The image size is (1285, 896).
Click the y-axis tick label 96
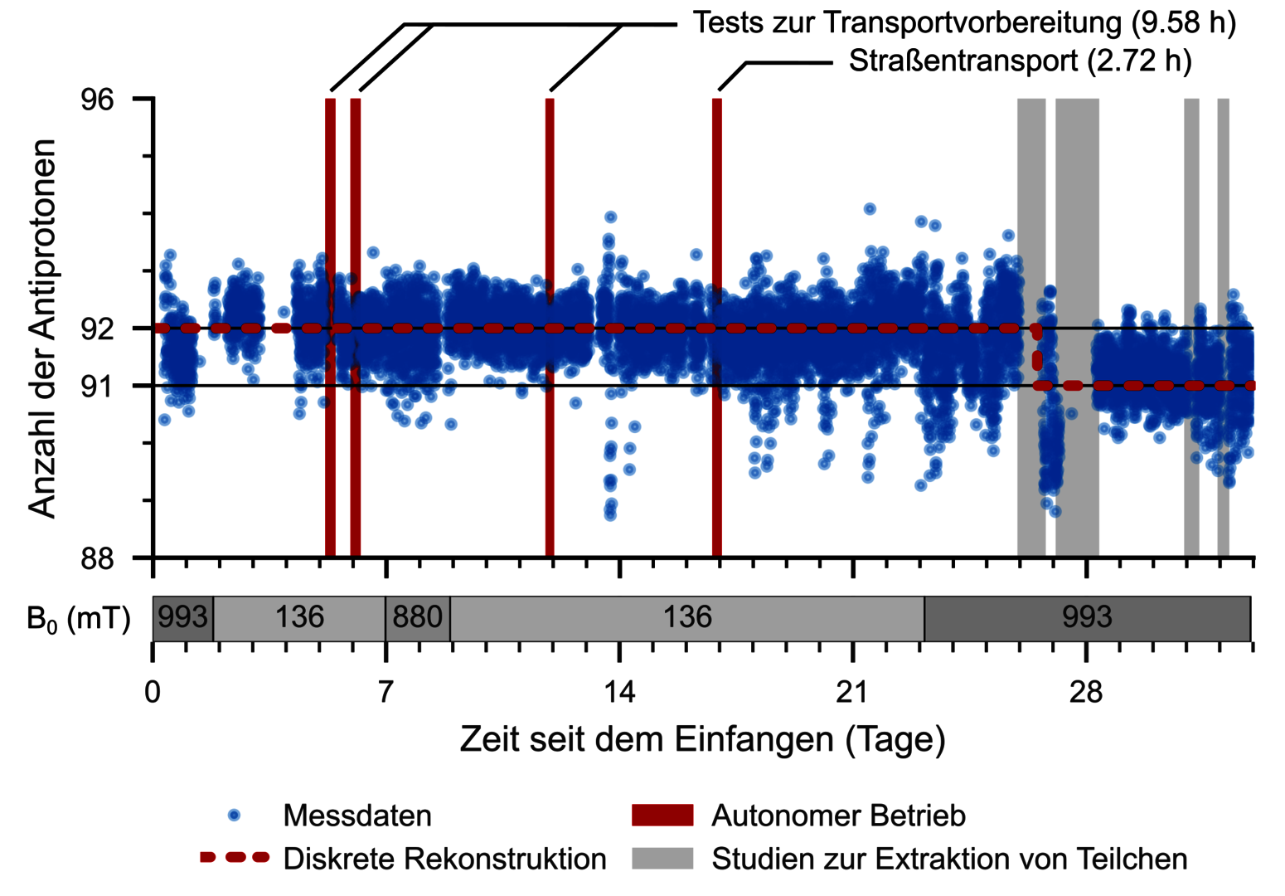point(98,100)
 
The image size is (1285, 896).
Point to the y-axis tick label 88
point(98,558)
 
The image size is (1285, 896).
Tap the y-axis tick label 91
point(98,387)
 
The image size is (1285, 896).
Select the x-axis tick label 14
point(619,692)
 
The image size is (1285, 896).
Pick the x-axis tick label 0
point(153,692)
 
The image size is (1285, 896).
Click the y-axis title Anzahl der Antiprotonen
point(42,329)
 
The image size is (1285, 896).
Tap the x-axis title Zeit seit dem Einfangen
point(647,738)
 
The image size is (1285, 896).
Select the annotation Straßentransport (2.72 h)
point(1021,61)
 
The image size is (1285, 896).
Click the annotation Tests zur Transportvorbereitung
point(908,23)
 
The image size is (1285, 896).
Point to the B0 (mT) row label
point(79,620)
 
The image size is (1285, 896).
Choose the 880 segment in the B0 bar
point(418,618)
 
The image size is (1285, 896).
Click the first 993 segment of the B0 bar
point(183,618)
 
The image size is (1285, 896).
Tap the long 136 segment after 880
point(687,618)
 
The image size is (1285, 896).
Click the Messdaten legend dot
point(234,815)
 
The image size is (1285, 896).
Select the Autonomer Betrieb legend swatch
point(662,815)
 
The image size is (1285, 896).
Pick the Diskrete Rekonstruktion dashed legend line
point(235,858)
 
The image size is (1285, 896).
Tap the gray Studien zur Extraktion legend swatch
point(662,858)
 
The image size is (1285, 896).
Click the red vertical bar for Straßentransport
point(717,327)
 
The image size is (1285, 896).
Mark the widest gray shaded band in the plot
point(1078,327)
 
